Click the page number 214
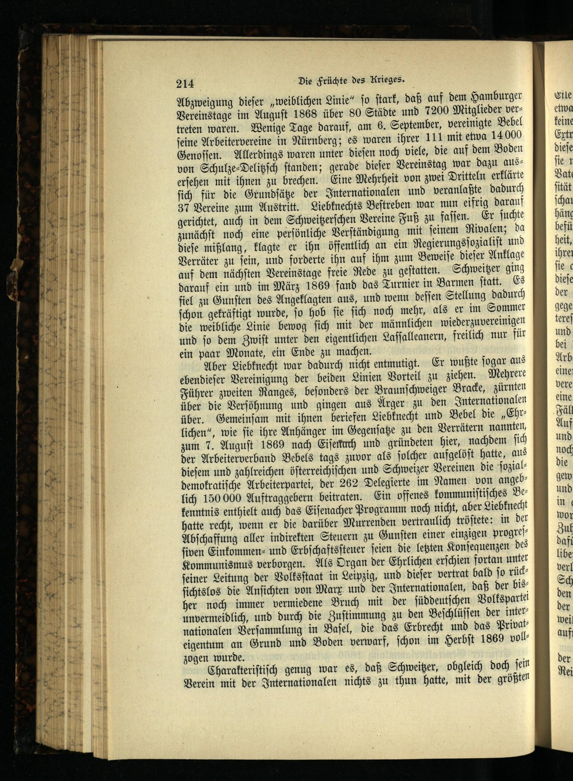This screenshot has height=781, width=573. point(185,84)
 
